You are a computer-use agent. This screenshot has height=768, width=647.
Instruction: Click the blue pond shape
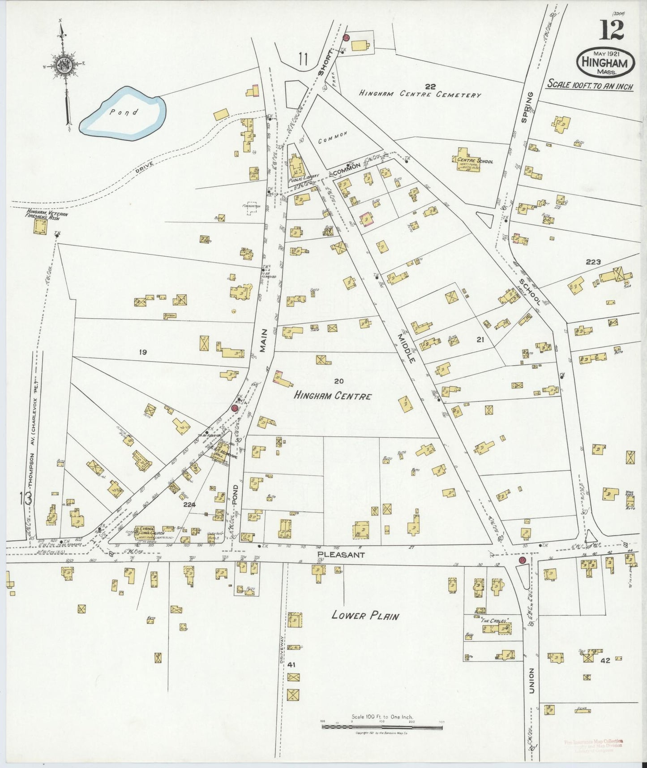[x=122, y=113]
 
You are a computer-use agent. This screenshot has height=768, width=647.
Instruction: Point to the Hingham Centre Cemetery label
[x=420, y=94]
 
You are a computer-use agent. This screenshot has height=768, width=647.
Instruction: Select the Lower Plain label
[x=365, y=615]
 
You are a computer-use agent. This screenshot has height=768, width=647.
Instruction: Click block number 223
[x=593, y=262]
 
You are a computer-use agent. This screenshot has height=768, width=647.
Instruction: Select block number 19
[x=143, y=353]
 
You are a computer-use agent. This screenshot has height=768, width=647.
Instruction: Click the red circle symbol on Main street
[x=235, y=408]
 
